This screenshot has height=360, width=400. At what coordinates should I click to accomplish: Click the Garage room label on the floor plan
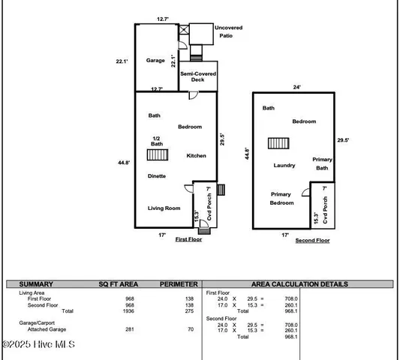tap(155, 60)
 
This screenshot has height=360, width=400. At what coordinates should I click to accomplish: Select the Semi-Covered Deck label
tap(197, 76)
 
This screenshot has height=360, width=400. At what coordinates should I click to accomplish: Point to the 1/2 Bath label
tap(156, 141)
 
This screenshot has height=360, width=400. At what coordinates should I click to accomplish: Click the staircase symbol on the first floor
tap(157, 155)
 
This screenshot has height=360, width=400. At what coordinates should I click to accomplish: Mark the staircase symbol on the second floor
tap(279, 144)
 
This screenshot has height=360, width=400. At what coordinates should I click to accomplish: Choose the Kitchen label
tap(197, 155)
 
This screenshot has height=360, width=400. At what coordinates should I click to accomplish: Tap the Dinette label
tap(157, 175)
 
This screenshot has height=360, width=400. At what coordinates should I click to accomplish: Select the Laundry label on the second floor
tap(284, 165)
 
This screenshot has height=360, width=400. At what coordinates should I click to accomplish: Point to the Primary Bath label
tap(323, 164)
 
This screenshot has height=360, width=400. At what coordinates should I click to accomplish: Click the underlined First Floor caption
tap(190, 239)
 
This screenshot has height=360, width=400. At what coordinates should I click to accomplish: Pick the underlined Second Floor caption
tap(312, 241)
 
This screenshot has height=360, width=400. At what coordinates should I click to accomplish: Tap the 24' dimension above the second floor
tap(296, 87)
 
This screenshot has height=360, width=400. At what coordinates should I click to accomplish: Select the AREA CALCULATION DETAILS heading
tap(299, 284)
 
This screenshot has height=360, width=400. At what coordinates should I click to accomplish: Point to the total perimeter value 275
tap(189, 310)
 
